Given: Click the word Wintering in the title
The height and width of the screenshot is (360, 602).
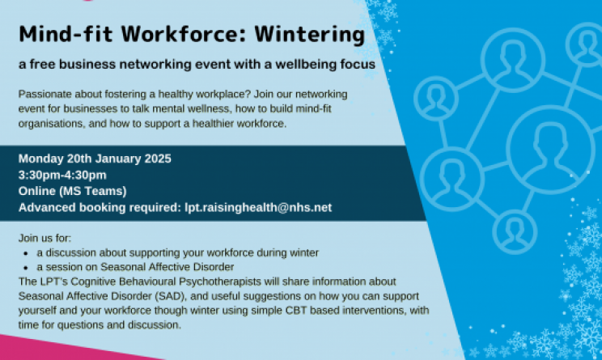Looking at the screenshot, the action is (309, 35).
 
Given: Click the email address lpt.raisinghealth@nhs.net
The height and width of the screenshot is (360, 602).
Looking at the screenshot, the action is (258, 208).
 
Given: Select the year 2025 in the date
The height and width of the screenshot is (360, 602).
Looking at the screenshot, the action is (158, 159).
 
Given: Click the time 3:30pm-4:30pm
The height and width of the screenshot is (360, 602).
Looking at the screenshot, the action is (62, 176).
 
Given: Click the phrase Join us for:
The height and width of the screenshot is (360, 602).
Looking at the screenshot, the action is (45, 238).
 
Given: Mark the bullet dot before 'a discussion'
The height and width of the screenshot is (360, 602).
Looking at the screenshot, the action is (26, 253).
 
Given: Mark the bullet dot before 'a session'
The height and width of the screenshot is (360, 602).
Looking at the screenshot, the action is (26, 268).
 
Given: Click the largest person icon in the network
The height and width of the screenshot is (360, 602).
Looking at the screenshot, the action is (550, 150).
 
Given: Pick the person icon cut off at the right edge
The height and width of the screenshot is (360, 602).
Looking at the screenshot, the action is (586, 44).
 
